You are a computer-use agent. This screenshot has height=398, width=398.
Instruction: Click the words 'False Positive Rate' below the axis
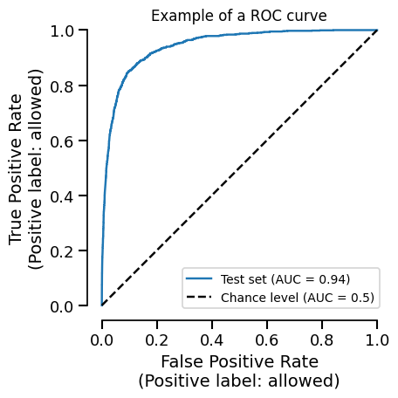pyautogui.click(x=239, y=361)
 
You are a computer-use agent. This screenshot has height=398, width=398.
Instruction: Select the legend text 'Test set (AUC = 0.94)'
pyautogui.click(x=285, y=279)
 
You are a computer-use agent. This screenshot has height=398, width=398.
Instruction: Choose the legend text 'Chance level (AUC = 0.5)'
pyautogui.click(x=298, y=298)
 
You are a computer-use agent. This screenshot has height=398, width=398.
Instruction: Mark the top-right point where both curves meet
pyautogui.click(x=377, y=31)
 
